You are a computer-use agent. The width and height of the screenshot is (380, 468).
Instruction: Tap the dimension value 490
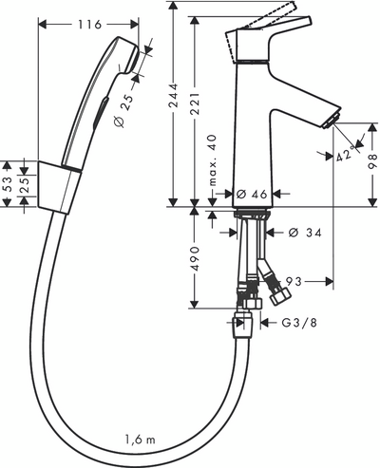(196, 258)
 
